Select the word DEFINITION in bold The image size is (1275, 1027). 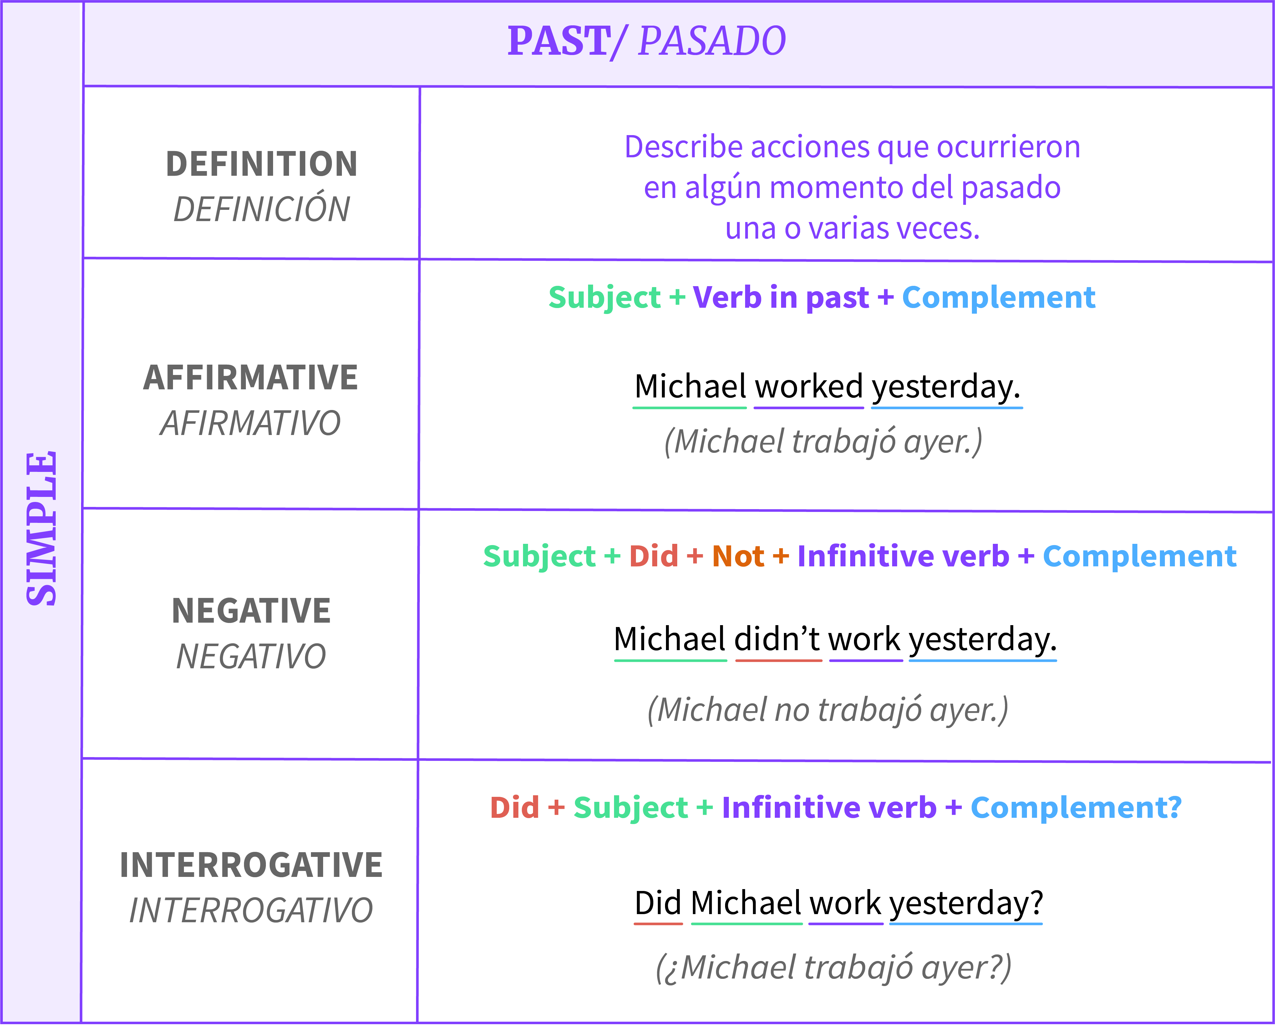point(262,164)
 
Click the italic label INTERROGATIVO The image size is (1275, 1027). point(251,910)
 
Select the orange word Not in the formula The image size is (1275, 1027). point(738,556)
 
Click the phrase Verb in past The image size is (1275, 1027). point(781,298)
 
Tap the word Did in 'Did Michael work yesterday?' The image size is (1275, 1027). point(658,903)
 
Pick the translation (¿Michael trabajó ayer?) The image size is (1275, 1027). point(833,969)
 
